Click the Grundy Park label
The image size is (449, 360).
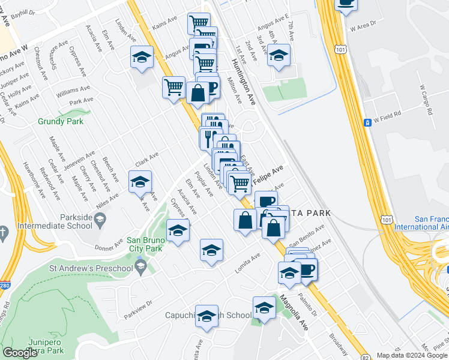pyautogui.click(x=60, y=121)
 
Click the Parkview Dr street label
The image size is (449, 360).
pyautogui.click(x=139, y=310)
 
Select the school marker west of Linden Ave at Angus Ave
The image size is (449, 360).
pyautogui.click(x=142, y=58)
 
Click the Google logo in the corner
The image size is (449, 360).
pyautogui.click(x=20, y=353)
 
